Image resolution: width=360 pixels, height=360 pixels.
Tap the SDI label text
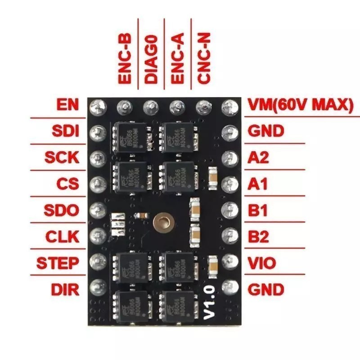66,131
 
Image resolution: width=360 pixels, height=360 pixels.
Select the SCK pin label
62,157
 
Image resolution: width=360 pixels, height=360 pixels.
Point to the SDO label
62,210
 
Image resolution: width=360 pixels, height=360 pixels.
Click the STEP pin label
58,262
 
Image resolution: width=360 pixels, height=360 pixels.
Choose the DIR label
65,289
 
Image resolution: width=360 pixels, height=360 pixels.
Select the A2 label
259,157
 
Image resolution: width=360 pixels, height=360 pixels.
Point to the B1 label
258,210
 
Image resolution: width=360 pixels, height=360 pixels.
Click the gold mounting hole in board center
161,221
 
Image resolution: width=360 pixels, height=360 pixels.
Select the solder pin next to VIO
230,261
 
